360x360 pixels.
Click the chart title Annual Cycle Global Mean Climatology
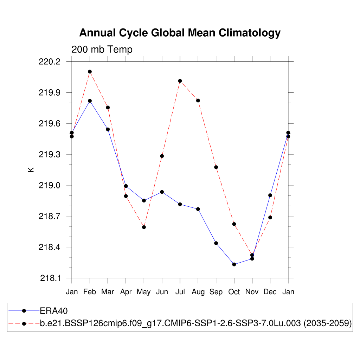pyautogui.click(x=180, y=33)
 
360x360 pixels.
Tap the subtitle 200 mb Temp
pyautogui.click(x=102, y=50)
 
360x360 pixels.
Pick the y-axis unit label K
pyautogui.click(x=31, y=170)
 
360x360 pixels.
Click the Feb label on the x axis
pyautogui.click(x=90, y=292)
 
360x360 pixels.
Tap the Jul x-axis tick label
pyautogui.click(x=180, y=292)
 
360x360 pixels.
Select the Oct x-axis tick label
pyautogui.click(x=234, y=292)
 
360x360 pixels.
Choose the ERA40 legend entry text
pyautogui.click(x=53, y=311)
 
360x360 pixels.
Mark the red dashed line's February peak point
pyautogui.click(x=90, y=72)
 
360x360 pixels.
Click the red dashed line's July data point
pyautogui.click(x=180, y=81)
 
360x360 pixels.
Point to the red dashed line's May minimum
pyautogui.click(x=144, y=227)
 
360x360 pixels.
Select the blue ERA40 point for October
pyautogui.click(x=234, y=264)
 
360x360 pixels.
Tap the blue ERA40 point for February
pyautogui.click(x=90, y=101)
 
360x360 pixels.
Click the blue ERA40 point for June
pyautogui.click(x=162, y=192)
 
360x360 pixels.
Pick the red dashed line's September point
pyautogui.click(x=216, y=167)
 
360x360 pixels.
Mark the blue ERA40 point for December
pyautogui.click(x=270, y=195)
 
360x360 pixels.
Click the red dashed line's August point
pyautogui.click(x=198, y=101)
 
